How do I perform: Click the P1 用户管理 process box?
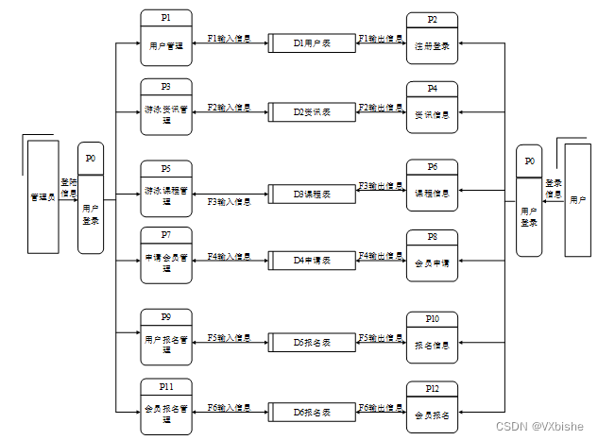pos(166,38)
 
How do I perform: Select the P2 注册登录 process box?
pos(432,39)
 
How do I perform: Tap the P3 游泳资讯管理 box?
pos(166,107)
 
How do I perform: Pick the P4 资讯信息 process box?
pos(432,108)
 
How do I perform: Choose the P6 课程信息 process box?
pos(432,187)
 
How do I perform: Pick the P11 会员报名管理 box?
pos(166,406)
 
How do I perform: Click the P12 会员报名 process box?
pos(432,408)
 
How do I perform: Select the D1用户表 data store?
pos(312,42)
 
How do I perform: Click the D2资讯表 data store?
pos(312,111)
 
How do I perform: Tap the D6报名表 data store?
pos(312,412)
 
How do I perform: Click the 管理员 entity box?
pos(42,197)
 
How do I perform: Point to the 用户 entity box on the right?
pos(577,200)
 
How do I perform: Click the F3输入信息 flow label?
pos(229,201)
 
